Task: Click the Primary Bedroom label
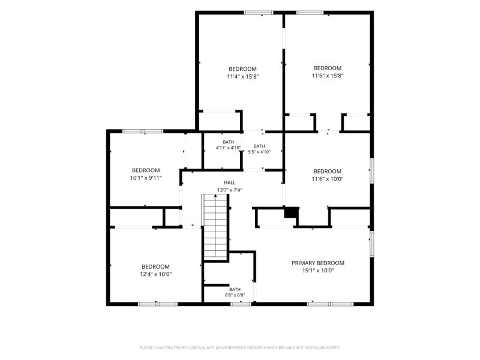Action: (x=318, y=263)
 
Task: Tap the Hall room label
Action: (x=230, y=183)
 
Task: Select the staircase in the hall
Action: (x=215, y=227)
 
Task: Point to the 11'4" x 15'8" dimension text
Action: (x=243, y=77)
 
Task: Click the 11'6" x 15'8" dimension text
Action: (x=328, y=76)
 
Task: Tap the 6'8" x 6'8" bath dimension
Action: (x=235, y=295)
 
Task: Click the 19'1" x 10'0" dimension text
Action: (x=318, y=271)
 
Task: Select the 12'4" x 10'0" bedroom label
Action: (x=155, y=271)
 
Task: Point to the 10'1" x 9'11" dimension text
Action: (x=146, y=178)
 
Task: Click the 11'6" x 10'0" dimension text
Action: (x=328, y=179)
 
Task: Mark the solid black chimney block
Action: (x=292, y=212)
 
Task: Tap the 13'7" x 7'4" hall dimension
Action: (x=230, y=190)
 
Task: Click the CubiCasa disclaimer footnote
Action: (x=239, y=348)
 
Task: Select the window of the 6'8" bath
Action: (x=241, y=304)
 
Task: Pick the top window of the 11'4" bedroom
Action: (x=259, y=13)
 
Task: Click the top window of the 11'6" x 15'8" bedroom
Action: (x=310, y=13)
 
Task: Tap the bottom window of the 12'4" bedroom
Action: (x=158, y=304)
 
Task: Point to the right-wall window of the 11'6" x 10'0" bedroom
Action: (x=371, y=170)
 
